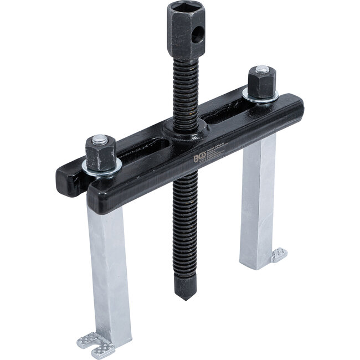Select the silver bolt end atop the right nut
(x=262, y=70)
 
